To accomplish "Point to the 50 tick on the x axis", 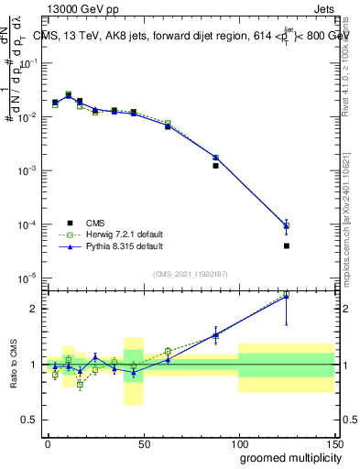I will pos(143,443).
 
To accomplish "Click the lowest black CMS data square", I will pos(287,245).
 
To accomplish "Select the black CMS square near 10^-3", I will pos(215,166).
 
